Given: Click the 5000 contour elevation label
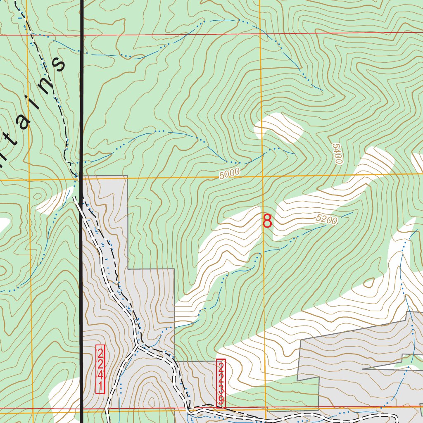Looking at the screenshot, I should [x=229, y=174].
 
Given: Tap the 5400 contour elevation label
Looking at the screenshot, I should [x=337, y=154].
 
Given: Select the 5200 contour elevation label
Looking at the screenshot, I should [x=326, y=220].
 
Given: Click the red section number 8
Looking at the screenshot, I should [x=268, y=221].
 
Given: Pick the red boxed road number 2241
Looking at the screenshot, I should [x=100, y=369].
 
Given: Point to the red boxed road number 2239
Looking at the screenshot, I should [x=221, y=383].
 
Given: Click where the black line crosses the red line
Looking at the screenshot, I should [x=82, y=35].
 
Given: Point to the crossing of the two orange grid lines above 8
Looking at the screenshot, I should [x=263, y=177].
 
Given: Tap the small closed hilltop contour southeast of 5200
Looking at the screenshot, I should [x=368, y=283].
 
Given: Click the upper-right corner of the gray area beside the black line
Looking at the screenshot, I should [x=127, y=176].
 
